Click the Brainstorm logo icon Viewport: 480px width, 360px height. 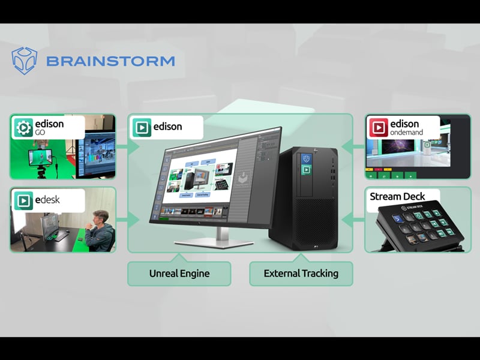click(24, 60)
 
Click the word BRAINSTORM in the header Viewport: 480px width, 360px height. click(110, 61)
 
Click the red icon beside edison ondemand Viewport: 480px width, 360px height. click(379, 128)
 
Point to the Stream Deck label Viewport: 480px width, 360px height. click(397, 197)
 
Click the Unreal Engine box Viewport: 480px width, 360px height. click(179, 274)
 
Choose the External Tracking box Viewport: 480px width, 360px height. click(301, 274)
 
